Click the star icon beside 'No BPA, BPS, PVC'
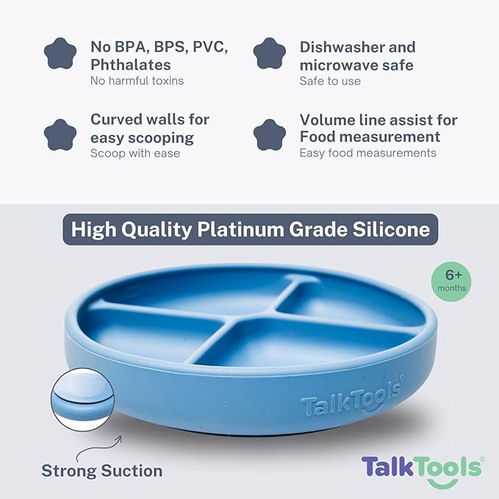pyautogui.click(x=61, y=54)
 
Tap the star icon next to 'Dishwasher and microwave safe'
pyautogui.click(x=270, y=54)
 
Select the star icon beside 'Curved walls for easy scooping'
pyautogui.click(x=61, y=134)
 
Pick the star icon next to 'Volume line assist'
pyautogui.click(x=270, y=134)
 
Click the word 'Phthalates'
pyautogui.click(x=131, y=65)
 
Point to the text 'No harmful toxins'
pyautogui.click(x=137, y=81)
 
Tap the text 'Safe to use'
pyautogui.click(x=330, y=81)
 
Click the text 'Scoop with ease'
pyautogui.click(x=135, y=153)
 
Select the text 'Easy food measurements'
pyautogui.click(x=367, y=153)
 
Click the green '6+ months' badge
pyautogui.click(x=451, y=280)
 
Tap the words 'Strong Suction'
pyautogui.click(x=101, y=470)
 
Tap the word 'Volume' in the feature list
pyautogui.click(x=327, y=120)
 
